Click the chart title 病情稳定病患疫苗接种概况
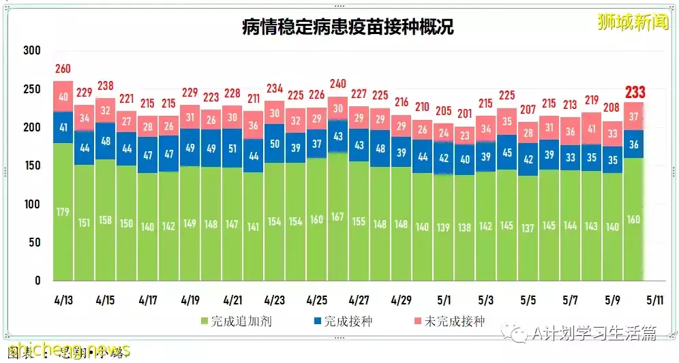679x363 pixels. click(x=348, y=27)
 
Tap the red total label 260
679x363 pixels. click(x=63, y=69)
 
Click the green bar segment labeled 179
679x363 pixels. click(x=63, y=212)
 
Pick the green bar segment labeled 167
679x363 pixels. click(x=337, y=217)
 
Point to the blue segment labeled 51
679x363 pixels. click(x=232, y=149)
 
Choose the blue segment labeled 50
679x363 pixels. click(x=274, y=144)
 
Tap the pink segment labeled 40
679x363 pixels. click(x=63, y=97)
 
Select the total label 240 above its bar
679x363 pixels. click(x=337, y=84)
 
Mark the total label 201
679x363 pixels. click(x=464, y=114)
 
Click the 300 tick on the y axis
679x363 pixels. click(x=31, y=50)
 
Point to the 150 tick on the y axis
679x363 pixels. click(x=31, y=165)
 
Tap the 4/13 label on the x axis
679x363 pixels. click(x=63, y=300)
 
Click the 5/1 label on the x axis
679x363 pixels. click(x=443, y=300)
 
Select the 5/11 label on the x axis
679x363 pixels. click(x=654, y=300)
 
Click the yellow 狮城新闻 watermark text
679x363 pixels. click(x=623, y=22)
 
